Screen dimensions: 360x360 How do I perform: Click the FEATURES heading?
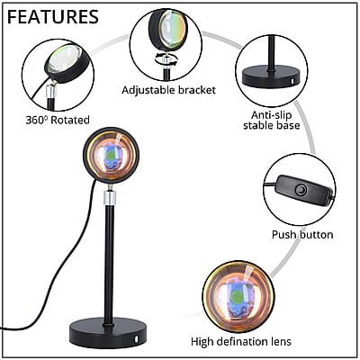pos(53,17)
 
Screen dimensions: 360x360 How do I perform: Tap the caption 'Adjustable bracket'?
pos(168,90)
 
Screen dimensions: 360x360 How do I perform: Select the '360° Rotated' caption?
pos(58,120)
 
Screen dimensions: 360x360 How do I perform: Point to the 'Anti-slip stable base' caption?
pos(272,120)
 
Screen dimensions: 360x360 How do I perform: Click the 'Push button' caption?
pos(302,234)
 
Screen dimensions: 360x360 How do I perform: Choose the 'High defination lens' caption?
pos(241,341)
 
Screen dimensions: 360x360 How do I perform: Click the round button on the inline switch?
pos(301,190)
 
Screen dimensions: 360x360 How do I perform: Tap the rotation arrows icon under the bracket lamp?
pos(166,59)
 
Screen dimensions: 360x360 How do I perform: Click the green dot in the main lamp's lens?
pos(111,155)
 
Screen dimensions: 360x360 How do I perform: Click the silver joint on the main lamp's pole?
pos(109,198)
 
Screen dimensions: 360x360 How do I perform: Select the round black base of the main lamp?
pos(108,332)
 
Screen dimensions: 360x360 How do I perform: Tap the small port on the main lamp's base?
pos(137,339)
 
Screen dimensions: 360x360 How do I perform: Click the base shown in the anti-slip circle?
pos(272,77)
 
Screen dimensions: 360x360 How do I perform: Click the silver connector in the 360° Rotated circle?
pos(51,91)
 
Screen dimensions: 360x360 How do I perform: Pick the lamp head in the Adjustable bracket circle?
pos(169,30)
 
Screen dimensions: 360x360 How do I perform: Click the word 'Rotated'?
pos(70,120)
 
